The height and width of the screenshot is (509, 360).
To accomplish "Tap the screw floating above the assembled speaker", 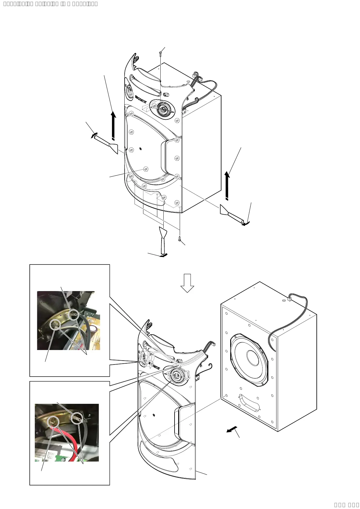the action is (x=160, y=53).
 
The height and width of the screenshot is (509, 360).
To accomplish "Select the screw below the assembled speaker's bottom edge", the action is (x=180, y=239).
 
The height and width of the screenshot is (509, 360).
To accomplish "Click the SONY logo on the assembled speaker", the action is (x=141, y=99).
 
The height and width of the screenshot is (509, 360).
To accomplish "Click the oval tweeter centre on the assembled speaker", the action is (x=163, y=109).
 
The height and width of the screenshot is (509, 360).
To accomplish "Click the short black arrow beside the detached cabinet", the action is (x=232, y=430).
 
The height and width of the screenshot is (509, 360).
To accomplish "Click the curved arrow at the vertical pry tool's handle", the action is (x=164, y=255).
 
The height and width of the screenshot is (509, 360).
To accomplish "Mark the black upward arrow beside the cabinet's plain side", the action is (x=227, y=186).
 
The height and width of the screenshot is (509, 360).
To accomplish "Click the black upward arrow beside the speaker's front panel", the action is (x=113, y=126).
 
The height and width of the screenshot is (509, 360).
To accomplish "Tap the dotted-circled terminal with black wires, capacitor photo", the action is (x=74, y=315).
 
